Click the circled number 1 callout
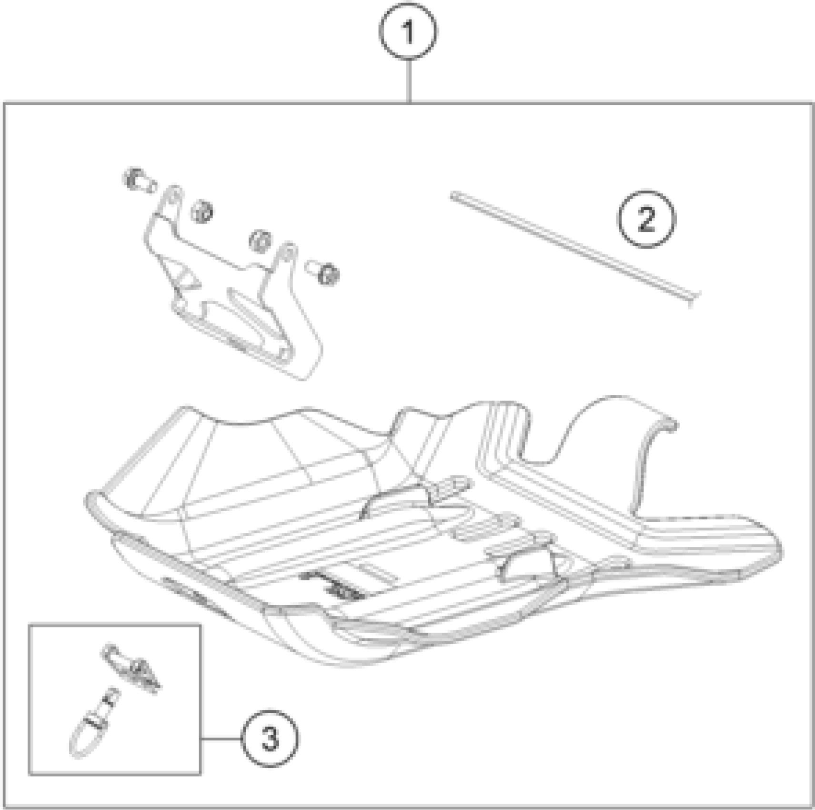pyautogui.click(x=408, y=32)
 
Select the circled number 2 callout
pyautogui.click(x=646, y=220)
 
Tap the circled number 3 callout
pyautogui.click(x=270, y=739)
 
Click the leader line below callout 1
pyautogui.click(x=409, y=81)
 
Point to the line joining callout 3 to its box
pyautogui.click(x=221, y=739)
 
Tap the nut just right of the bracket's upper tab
pyautogui.click(x=202, y=210)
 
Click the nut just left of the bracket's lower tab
pyautogui.click(x=260, y=241)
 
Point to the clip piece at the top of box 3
pyautogui.click(x=131, y=667)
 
